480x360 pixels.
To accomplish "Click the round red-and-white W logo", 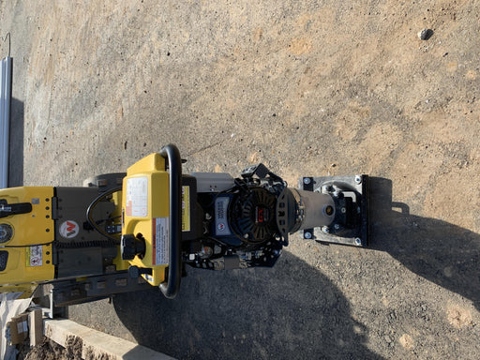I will [x=67, y=229].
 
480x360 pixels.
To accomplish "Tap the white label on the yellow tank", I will [x=138, y=196].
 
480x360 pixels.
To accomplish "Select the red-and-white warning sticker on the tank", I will [x=160, y=241].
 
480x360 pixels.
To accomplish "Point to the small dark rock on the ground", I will [x=426, y=34].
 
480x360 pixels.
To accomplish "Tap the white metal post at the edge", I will [x=6, y=122].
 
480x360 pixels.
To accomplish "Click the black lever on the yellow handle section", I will [x=13, y=208].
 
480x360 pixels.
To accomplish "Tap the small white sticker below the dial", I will [x=36, y=255].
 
